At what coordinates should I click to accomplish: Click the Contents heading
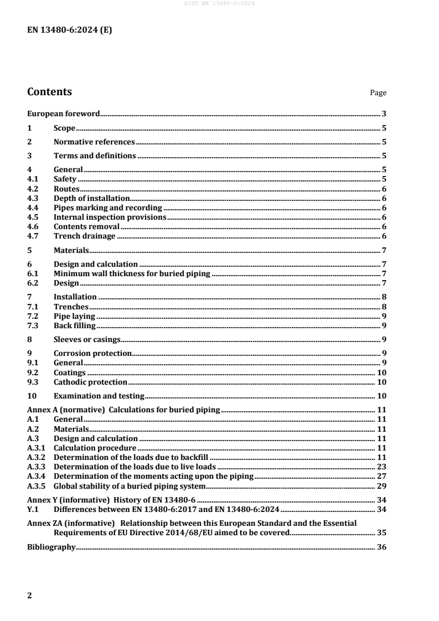pyautogui.click(x=49, y=92)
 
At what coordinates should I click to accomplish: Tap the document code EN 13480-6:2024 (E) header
pyautogui.click(x=70, y=31)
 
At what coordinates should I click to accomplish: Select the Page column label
pyautogui.click(x=378, y=93)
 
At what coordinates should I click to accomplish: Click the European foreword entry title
pyautogui.click(x=64, y=114)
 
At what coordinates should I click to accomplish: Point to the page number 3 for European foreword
pyautogui.click(x=384, y=114)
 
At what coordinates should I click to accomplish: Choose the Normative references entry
pyautogui.click(x=94, y=142)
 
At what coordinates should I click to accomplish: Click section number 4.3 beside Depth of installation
pyautogui.click(x=32, y=198)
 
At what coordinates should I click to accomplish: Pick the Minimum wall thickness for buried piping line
pyautogui.click(x=132, y=273)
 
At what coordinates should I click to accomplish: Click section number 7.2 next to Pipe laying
pyautogui.click(x=32, y=316)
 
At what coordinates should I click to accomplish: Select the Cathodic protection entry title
pyautogui.click(x=90, y=382)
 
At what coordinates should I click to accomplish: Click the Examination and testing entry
pyautogui.click(x=99, y=396)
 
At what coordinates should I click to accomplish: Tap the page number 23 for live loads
pyautogui.click(x=381, y=467)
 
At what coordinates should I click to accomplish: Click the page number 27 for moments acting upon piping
pyautogui.click(x=381, y=476)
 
